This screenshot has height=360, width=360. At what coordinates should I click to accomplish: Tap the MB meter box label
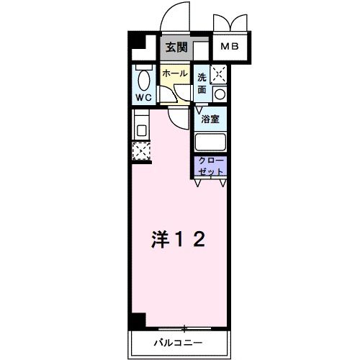click(230, 48)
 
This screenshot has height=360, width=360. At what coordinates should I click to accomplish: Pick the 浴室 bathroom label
click(210, 118)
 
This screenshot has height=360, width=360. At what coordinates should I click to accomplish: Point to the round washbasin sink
click(219, 93)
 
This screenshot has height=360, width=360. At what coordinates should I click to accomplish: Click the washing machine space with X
click(220, 73)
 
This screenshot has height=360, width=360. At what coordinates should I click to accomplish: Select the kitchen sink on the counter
click(140, 130)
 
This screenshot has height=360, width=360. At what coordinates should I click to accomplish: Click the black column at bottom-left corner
click(137, 320)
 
